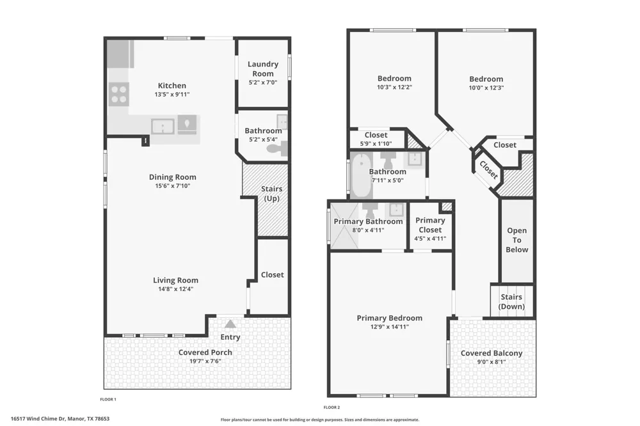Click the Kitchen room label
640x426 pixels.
point(172,86)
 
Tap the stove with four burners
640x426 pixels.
point(119,94)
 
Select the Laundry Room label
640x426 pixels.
point(263,68)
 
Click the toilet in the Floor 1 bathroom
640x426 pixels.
point(278,148)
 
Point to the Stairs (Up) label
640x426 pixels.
point(271,193)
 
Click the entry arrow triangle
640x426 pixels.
point(230,324)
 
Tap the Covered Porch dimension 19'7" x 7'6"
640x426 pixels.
point(205,361)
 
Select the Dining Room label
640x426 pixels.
point(172,177)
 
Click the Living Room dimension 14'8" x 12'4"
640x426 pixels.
point(175,289)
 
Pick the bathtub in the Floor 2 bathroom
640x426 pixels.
point(361,175)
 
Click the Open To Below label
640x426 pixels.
point(516,240)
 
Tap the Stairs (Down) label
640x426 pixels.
point(511,301)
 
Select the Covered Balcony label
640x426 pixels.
point(492,353)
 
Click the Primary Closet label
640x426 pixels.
point(430,225)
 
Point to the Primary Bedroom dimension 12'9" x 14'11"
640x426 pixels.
point(389,326)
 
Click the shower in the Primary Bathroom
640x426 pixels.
point(344,226)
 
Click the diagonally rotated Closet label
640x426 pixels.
point(488,170)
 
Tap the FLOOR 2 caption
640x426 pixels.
point(332,407)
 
